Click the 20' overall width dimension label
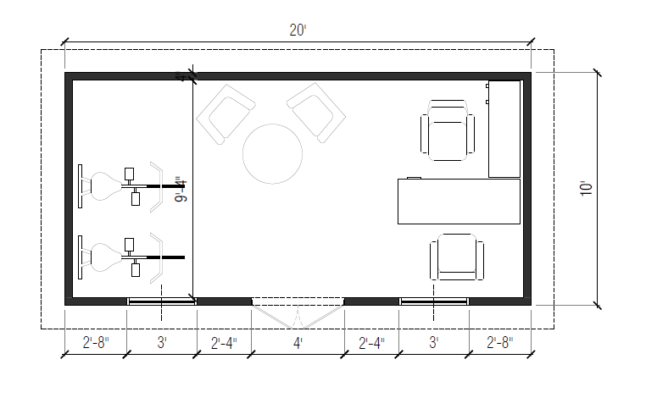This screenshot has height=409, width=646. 297,30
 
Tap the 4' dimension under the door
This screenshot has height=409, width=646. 298,343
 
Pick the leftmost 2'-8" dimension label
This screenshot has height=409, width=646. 95,343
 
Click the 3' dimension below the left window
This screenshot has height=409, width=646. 161,343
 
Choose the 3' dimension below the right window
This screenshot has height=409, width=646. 434,343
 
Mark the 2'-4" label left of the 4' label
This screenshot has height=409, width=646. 225,343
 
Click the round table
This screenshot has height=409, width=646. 272,154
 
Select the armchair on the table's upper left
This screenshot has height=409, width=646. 226,113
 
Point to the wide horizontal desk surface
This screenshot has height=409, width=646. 459,201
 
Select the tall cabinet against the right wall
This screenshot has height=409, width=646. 504,129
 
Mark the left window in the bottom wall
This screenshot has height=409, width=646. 161,301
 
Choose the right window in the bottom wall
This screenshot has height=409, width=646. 434,301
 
